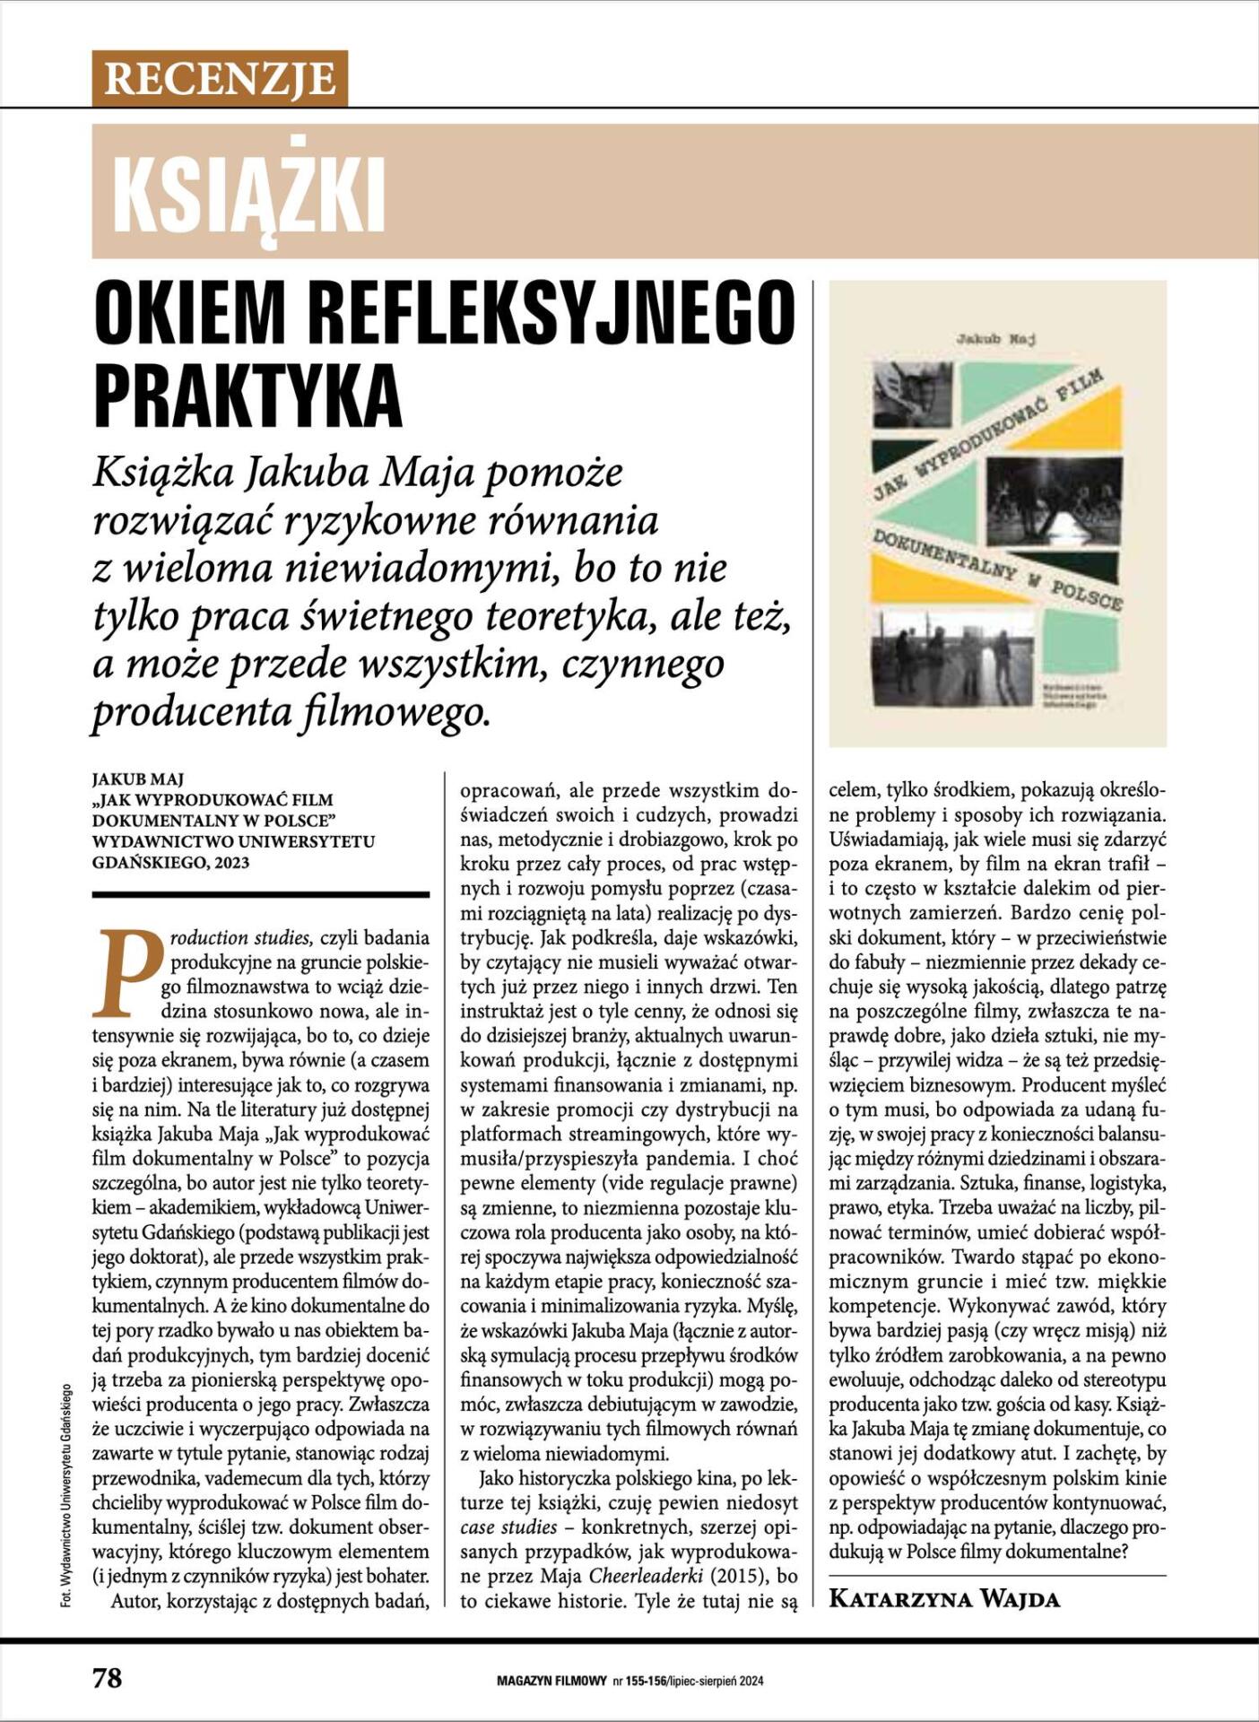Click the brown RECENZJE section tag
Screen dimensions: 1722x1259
click(x=220, y=79)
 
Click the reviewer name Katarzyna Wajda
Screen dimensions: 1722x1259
click(x=944, y=1598)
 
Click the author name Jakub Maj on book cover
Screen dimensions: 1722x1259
click(x=997, y=339)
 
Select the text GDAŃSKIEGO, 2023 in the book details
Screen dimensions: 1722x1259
click(x=171, y=863)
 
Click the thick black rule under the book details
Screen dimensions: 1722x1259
click(x=261, y=894)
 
